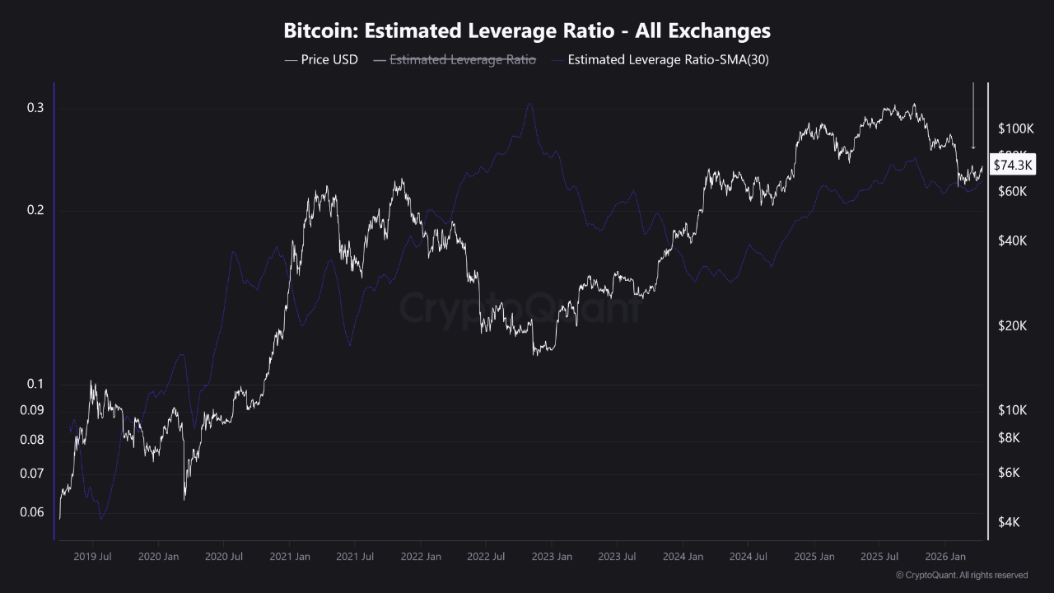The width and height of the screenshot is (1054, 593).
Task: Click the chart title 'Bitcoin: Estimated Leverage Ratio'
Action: pyautogui.click(x=527, y=31)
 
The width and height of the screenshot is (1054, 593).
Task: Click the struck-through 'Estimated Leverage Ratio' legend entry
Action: pyautogui.click(x=462, y=59)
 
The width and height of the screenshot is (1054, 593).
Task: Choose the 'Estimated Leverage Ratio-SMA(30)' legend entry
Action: pyautogui.click(x=668, y=59)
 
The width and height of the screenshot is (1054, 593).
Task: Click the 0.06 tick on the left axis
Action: pyautogui.click(x=33, y=512)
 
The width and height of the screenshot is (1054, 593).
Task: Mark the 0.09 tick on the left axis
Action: pyautogui.click(x=33, y=410)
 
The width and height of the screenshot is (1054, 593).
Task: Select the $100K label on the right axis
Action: pyautogui.click(x=1015, y=128)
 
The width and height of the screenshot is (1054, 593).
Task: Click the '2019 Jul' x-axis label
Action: pyautogui.click(x=92, y=557)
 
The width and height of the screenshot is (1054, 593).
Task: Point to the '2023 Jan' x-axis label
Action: pyautogui.click(x=553, y=557)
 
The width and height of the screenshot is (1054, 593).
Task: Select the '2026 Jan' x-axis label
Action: pyautogui.click(x=945, y=557)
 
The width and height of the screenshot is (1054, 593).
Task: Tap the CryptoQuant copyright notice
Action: pyautogui.click(x=961, y=575)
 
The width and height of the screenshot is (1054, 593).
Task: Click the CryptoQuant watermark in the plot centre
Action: pyautogui.click(x=520, y=308)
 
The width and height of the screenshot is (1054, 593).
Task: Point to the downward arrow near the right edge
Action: pyautogui.click(x=973, y=115)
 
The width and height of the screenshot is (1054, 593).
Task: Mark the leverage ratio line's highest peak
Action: pyautogui.click(x=529, y=104)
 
